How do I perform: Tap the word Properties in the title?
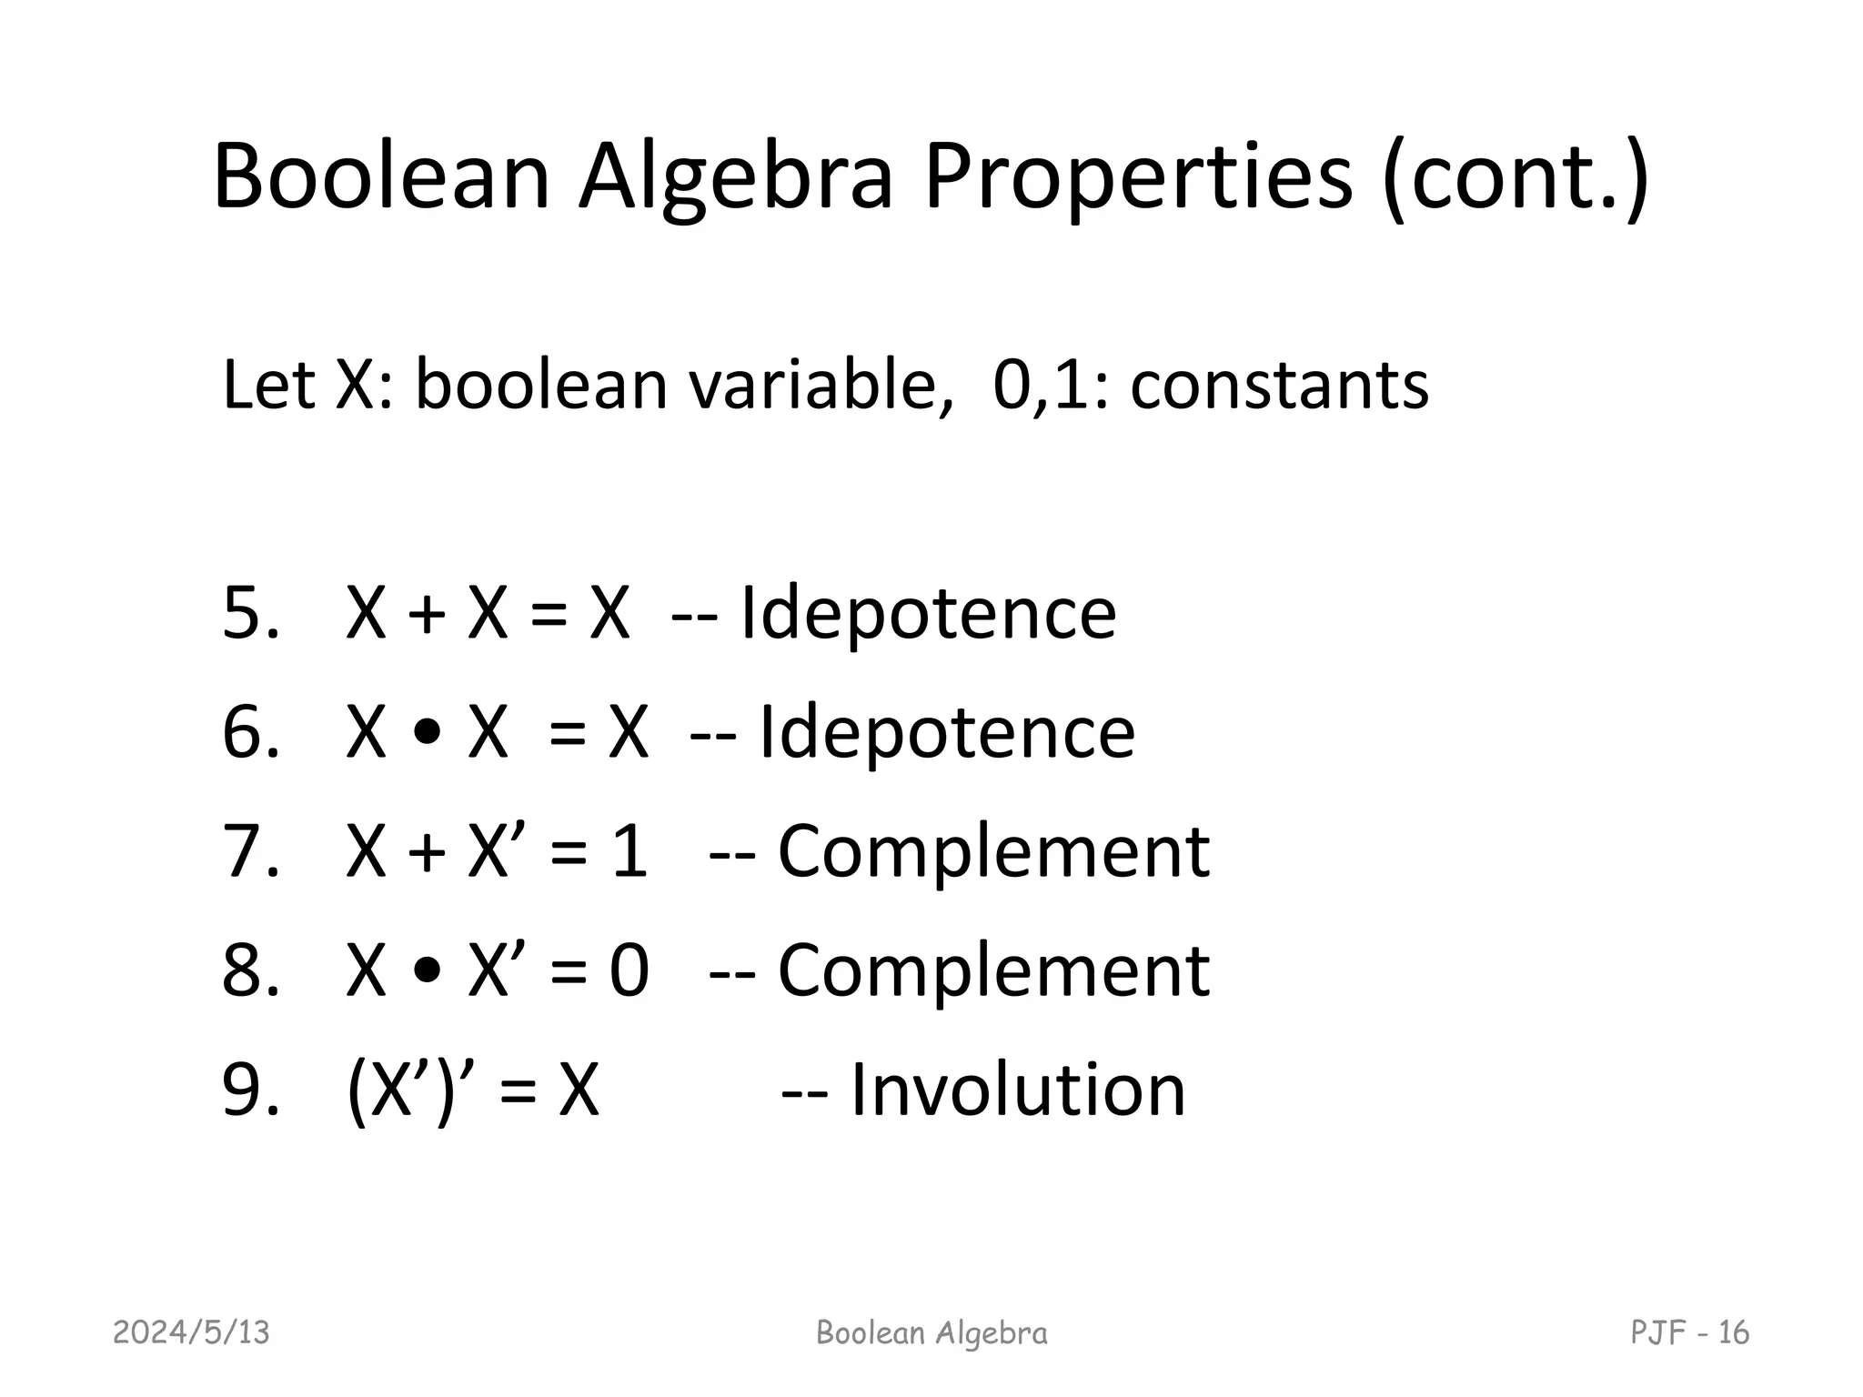pyautogui.click(x=1138, y=177)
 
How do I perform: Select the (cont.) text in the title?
pyautogui.click(x=1515, y=177)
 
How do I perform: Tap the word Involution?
pyautogui.click(x=1018, y=1090)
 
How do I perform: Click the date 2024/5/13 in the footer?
pyautogui.click(x=192, y=1333)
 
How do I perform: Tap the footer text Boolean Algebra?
pyautogui.click(x=931, y=1333)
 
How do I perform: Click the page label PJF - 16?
pyautogui.click(x=1689, y=1333)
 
